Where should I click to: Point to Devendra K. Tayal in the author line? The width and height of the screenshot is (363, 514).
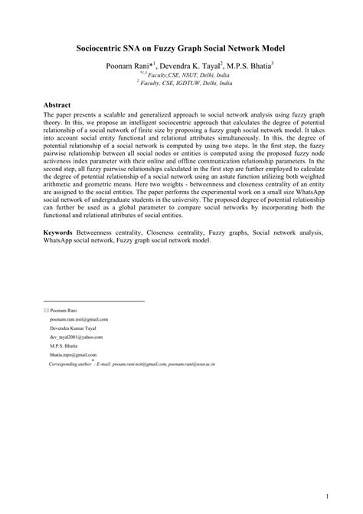(x=195, y=67)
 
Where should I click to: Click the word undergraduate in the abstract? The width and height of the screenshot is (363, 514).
(x=131, y=196)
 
